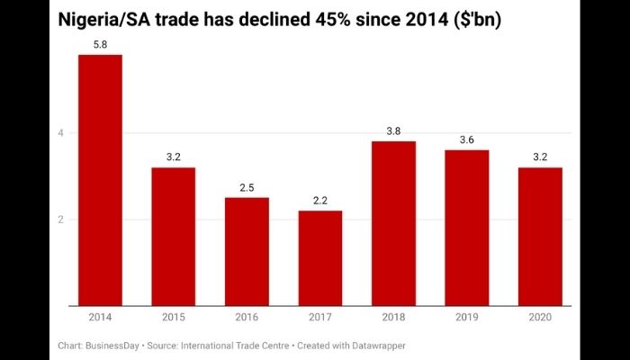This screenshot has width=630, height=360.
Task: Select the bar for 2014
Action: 100,180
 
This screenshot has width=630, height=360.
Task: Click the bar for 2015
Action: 174,236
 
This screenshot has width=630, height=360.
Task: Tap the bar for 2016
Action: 247,251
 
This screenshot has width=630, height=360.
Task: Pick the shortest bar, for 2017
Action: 320,257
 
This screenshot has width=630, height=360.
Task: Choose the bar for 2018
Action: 393,223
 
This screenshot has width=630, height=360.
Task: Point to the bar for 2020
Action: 540,236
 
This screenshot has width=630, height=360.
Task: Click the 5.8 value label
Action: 100,44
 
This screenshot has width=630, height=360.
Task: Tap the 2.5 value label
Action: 247,186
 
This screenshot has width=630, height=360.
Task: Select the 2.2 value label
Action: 320,200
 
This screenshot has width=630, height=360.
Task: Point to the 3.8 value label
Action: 393,130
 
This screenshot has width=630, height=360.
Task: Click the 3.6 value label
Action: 467,139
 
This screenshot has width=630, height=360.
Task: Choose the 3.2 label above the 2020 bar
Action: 540,157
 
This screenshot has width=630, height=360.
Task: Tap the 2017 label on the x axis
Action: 320,318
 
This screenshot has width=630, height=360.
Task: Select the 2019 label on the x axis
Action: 467,318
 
